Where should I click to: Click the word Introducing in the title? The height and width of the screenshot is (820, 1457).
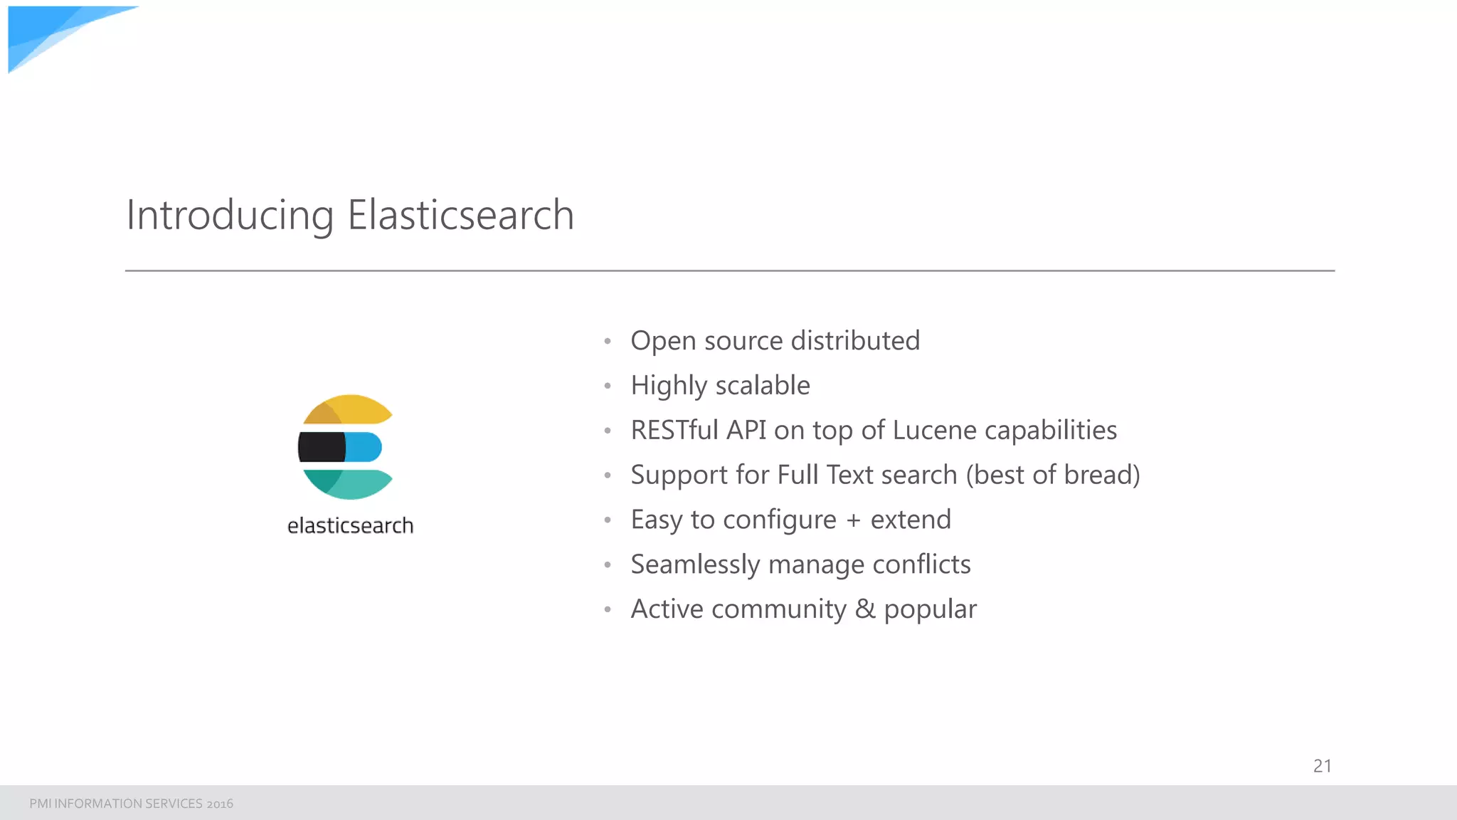point(230,215)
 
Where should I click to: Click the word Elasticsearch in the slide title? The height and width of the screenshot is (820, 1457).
point(460,215)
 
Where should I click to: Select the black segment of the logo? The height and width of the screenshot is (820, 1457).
point(322,447)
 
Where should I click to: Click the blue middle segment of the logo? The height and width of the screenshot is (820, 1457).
point(364,447)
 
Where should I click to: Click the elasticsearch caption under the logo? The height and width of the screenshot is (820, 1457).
point(350,525)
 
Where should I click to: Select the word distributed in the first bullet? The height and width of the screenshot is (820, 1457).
point(855,340)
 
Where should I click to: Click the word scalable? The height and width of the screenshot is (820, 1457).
point(763,385)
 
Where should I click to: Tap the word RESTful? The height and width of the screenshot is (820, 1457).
point(674,430)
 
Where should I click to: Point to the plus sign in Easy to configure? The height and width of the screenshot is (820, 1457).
point(853,520)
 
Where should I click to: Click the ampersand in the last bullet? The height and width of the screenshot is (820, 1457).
point(865,609)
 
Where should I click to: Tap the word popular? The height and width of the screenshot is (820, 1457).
point(930,610)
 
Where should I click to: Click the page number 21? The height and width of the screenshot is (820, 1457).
point(1322,766)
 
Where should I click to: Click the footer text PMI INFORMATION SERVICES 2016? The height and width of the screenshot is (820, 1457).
point(131,804)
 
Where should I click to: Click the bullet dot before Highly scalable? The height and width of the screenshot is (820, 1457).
point(608,387)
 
